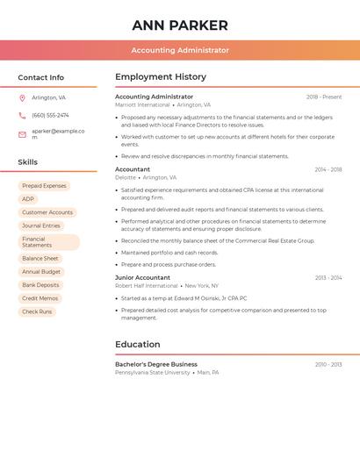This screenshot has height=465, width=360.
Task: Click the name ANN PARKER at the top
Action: pos(180,25)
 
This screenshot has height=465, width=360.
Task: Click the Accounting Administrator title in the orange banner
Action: pos(180,50)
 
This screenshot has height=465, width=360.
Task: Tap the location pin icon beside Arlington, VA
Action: pos(22,97)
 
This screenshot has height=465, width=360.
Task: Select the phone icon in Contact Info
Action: pos(22,115)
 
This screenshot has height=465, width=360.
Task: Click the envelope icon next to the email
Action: pos(22,134)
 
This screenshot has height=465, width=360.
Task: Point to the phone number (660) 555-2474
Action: pos(50,115)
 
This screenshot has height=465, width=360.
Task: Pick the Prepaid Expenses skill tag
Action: pos(44,186)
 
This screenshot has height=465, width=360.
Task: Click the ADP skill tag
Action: pos(28,199)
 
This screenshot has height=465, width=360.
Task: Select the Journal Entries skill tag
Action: pos(41,225)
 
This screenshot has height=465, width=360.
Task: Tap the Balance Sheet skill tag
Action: pos(40,259)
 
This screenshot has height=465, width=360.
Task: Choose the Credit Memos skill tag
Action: pos(41,298)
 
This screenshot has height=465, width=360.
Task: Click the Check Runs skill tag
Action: pos(37,311)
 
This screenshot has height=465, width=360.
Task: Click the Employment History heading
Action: pos(161,77)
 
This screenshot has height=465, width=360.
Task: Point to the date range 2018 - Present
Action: pos(324,97)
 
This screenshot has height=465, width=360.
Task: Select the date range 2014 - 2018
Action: pos(328,169)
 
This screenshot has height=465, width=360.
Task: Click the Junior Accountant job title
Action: pos(142,277)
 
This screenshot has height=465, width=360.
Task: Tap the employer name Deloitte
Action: pos(126,177)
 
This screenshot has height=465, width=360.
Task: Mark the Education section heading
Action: pos(138,344)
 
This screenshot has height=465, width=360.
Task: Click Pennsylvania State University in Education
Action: pos(153,372)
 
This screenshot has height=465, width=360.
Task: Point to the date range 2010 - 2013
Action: pos(328,364)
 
